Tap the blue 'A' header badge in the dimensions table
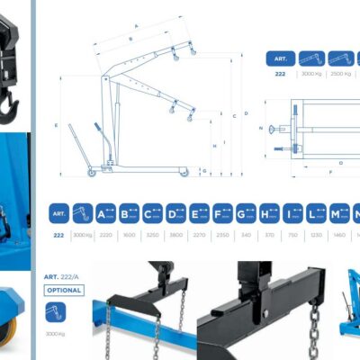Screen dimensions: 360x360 point(106,213)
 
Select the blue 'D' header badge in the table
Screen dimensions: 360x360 point(175,213)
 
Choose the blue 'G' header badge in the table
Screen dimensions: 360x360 point(246,213)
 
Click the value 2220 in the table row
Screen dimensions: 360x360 point(106,234)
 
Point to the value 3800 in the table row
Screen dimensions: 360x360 point(175,234)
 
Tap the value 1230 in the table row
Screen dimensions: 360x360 point(316,234)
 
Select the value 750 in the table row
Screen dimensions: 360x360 point(292,234)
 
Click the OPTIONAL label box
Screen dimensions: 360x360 point(64,291)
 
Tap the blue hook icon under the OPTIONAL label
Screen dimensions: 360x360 point(58,312)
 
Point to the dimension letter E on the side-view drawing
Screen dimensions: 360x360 point(56,125)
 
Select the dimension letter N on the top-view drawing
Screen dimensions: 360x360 point(260,129)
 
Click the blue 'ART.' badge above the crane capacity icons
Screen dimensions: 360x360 point(280,58)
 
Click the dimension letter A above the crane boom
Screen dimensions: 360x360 point(134,26)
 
